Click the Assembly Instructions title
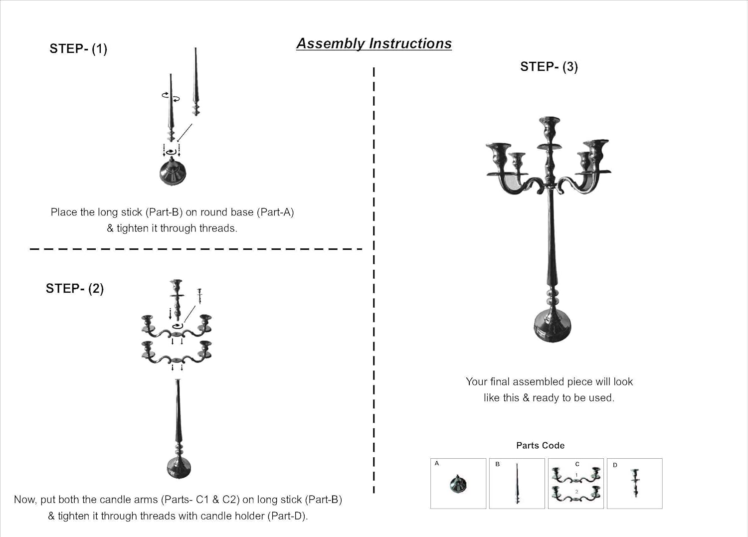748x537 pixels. pos(374,44)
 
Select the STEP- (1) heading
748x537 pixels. pos(78,49)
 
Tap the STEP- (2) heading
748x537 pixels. pos(75,289)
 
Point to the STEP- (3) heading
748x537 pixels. pos(549,67)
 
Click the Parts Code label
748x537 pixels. pos(540,445)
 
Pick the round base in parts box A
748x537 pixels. pos(458,484)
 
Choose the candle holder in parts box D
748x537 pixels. pos(635,483)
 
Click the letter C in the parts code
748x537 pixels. pos(577,464)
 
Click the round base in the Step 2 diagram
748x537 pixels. pos(179,467)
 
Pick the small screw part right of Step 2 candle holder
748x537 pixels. pos(199,296)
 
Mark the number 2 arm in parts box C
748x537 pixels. pos(576,494)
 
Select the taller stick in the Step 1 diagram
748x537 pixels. pos(196,82)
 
